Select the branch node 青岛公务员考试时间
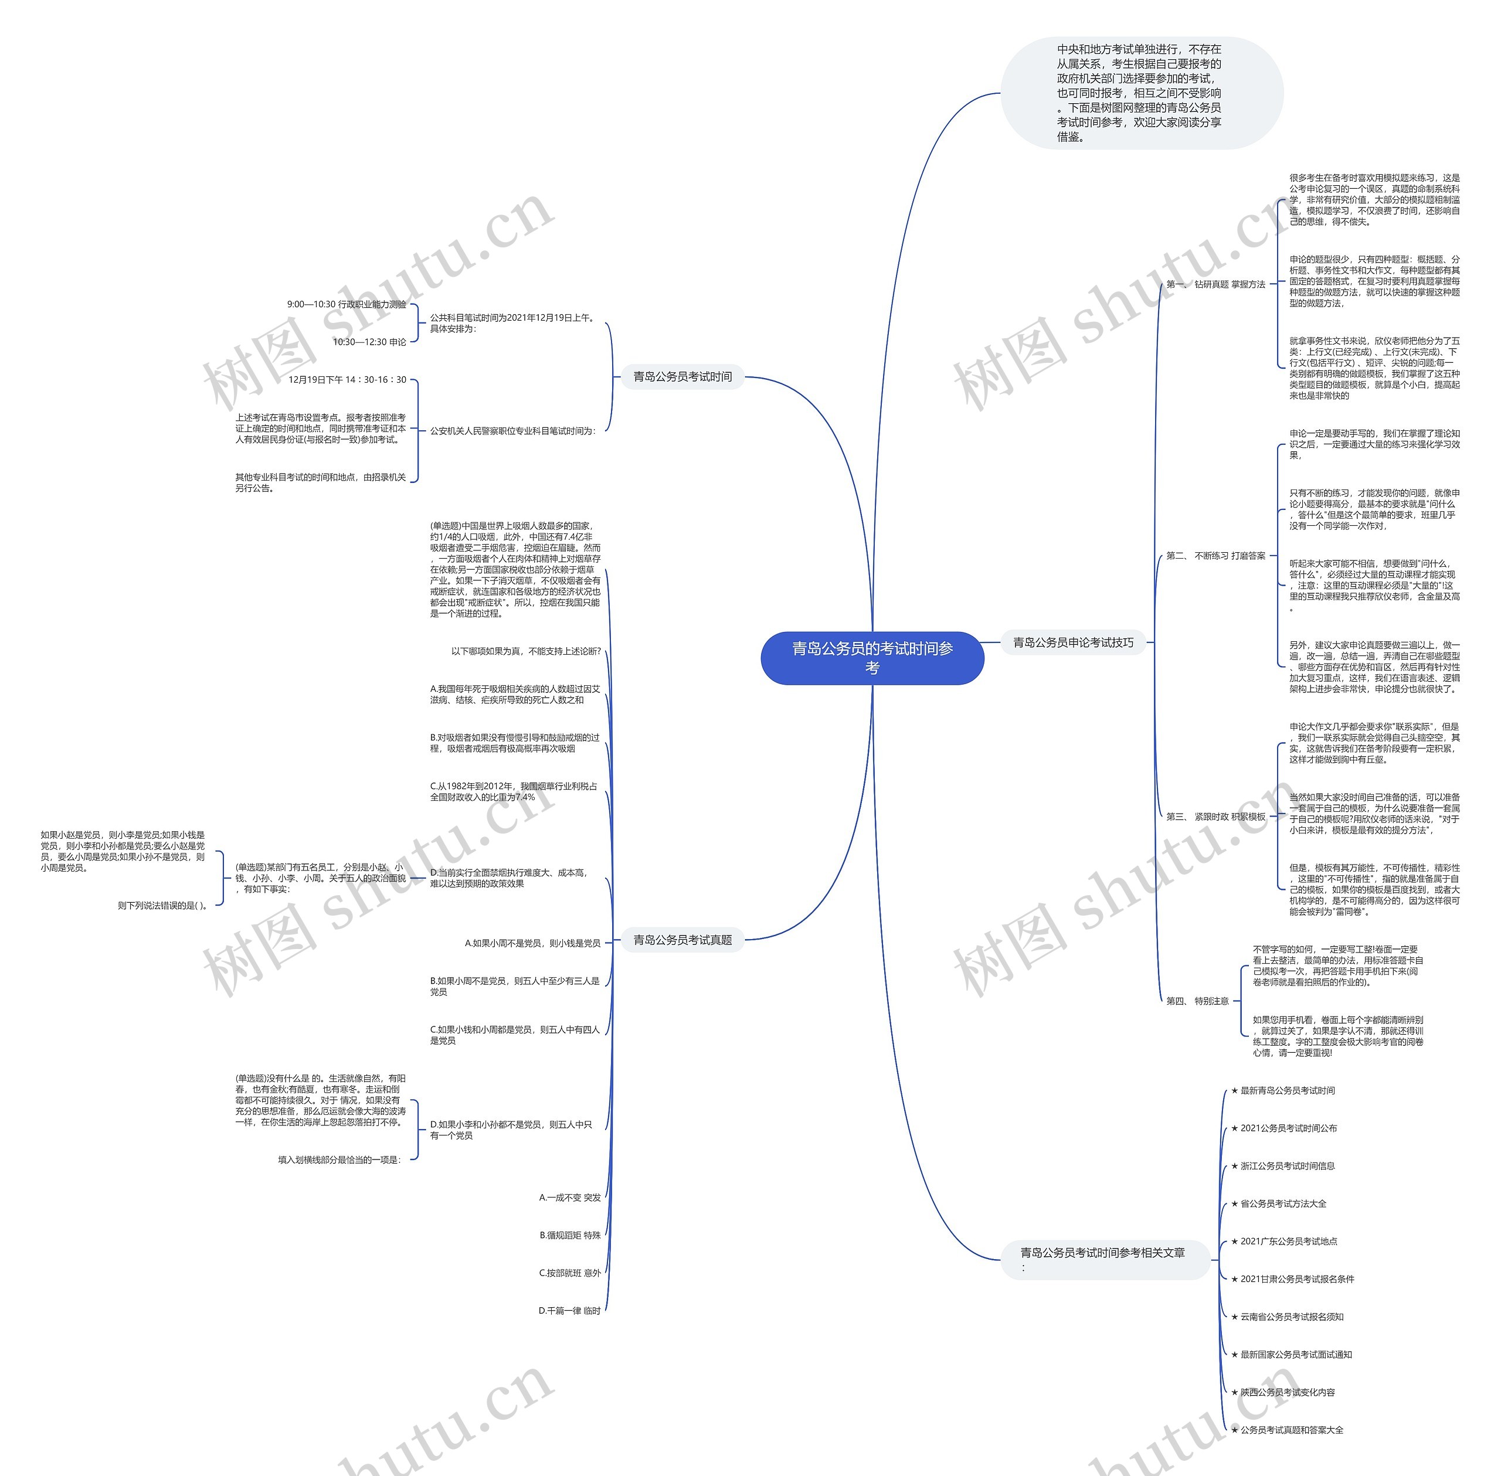682,377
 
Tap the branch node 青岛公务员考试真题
682,940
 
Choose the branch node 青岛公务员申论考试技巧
1073,642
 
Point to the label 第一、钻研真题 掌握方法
1215,284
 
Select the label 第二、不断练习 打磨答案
1215,556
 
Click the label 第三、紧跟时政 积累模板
1215,817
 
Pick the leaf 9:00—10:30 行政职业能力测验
347,305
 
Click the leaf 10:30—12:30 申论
370,342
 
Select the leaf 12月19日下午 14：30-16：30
347,380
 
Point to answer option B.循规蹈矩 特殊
570,1235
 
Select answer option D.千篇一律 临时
570,1311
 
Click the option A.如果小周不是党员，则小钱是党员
532,943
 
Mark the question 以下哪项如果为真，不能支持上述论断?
526,651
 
